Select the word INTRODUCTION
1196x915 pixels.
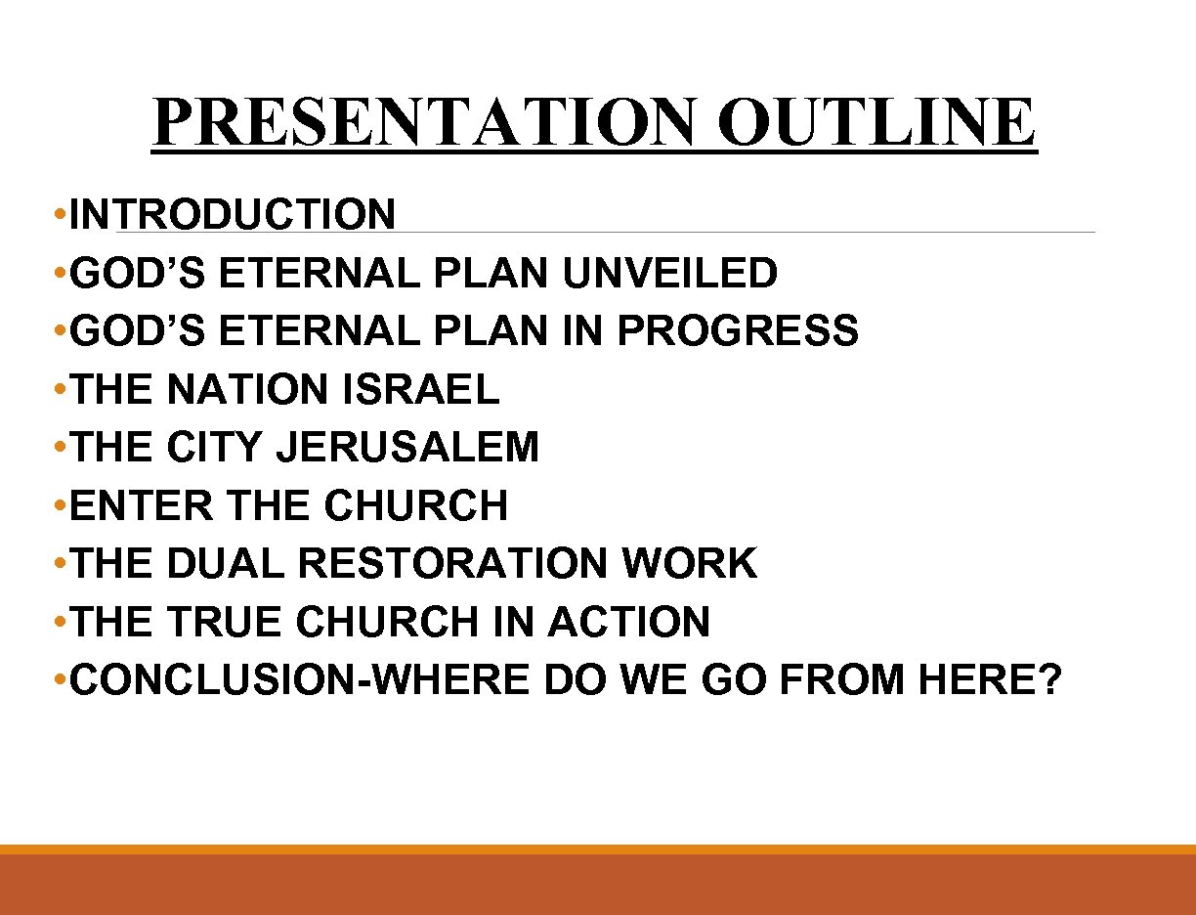(x=234, y=215)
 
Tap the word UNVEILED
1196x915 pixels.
(x=670, y=273)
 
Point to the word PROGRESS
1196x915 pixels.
(x=738, y=331)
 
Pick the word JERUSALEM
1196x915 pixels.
(x=407, y=448)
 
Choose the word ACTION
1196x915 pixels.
(x=629, y=623)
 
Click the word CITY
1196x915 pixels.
(x=215, y=448)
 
